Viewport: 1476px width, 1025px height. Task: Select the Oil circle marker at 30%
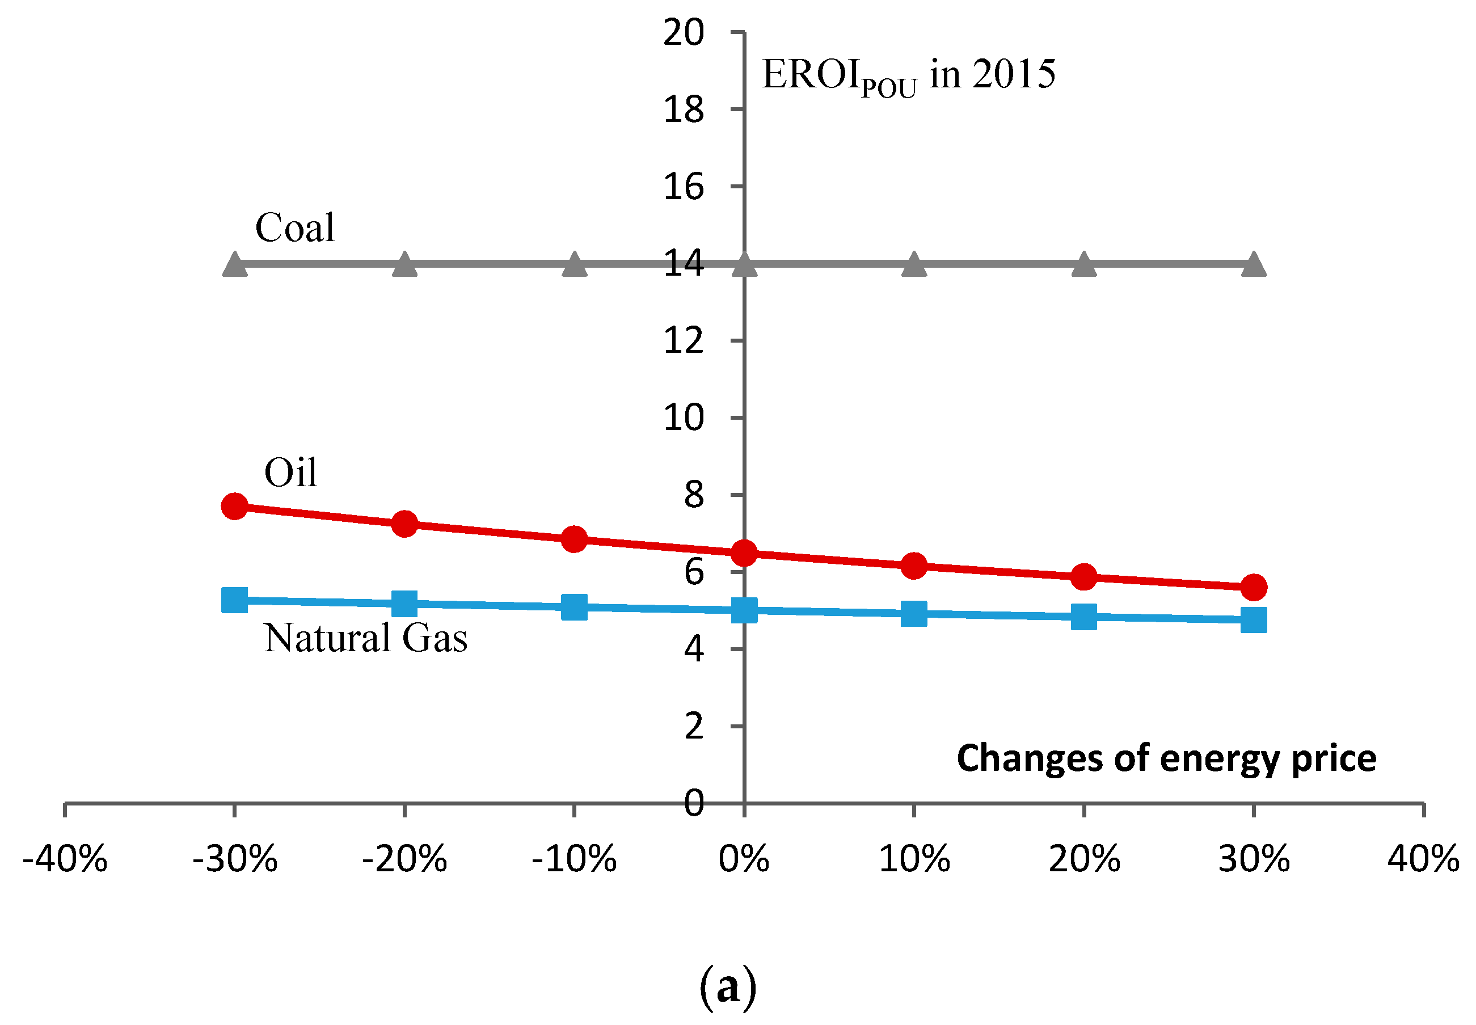(x=1253, y=587)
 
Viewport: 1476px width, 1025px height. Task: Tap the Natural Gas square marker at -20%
(x=404, y=604)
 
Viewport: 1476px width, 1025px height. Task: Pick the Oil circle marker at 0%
(x=744, y=553)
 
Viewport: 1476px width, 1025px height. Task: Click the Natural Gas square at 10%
(x=913, y=613)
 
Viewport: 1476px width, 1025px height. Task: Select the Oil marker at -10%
(x=573, y=539)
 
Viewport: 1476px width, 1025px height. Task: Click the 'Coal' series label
(x=295, y=227)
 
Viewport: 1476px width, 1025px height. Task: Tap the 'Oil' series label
(x=290, y=473)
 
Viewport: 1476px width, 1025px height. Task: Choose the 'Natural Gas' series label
(x=365, y=638)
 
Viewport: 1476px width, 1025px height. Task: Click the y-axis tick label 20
(x=684, y=33)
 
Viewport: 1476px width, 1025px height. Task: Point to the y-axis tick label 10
(x=684, y=418)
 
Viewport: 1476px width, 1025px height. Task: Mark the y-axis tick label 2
(x=694, y=727)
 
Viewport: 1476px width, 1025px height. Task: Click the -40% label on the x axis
(x=65, y=859)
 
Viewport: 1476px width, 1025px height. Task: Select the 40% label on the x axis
(x=1423, y=859)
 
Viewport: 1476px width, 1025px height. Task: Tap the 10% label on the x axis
(x=913, y=859)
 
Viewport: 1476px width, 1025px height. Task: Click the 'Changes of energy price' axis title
(x=1166, y=759)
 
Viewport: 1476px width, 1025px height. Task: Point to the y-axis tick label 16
(x=684, y=187)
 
